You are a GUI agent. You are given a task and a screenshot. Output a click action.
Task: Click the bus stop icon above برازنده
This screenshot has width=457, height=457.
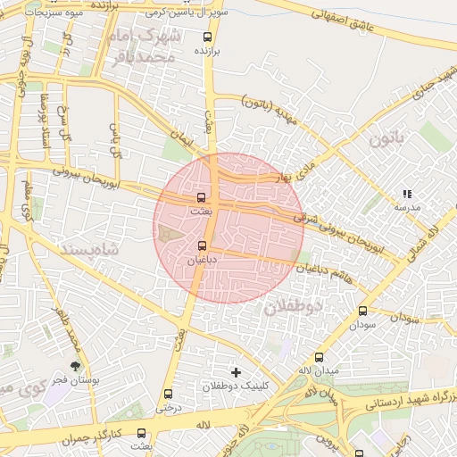[x=208, y=37]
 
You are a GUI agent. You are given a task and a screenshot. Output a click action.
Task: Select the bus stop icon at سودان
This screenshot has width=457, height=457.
[x=362, y=312]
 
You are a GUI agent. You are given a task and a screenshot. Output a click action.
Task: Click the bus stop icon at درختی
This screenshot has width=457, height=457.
[x=168, y=394]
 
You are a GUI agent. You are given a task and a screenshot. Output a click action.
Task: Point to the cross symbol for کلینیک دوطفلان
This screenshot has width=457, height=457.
[x=236, y=371]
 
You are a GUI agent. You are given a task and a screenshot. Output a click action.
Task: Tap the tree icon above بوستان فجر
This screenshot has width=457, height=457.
[x=76, y=366]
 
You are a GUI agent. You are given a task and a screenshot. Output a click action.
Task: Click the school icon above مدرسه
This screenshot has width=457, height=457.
[x=407, y=194]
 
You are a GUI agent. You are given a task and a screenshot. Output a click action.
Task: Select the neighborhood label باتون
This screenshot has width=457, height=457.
[x=386, y=138]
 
